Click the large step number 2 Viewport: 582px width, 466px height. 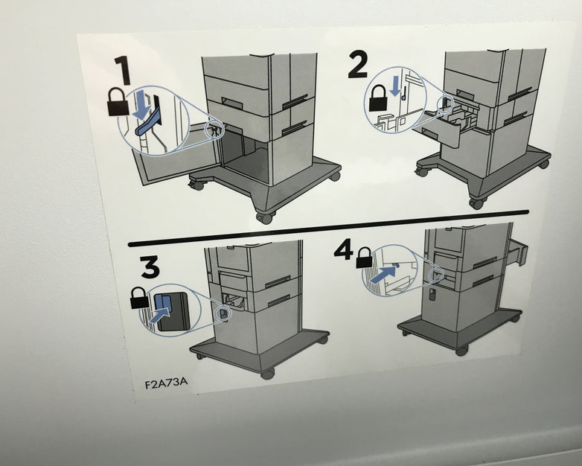(357, 66)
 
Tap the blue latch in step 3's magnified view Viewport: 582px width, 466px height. (165, 301)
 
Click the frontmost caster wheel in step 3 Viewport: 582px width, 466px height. (267, 372)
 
